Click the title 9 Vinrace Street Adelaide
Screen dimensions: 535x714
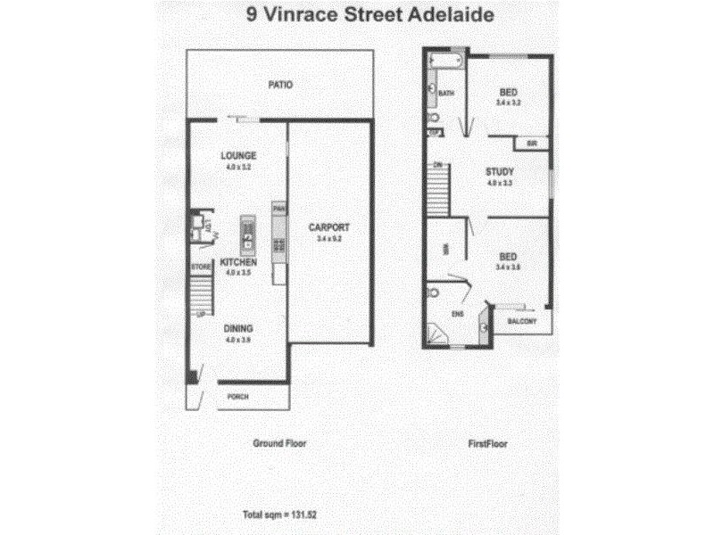coord(357,15)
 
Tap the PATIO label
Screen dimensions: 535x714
coord(281,86)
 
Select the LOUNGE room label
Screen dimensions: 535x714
coord(238,156)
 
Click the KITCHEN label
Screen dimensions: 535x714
coord(238,263)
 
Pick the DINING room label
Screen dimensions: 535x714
coord(238,328)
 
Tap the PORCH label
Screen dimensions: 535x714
coord(237,397)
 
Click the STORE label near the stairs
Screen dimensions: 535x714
coord(199,267)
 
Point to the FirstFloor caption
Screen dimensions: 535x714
coord(487,442)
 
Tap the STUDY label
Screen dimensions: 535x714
coord(497,171)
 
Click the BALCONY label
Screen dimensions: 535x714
coord(520,321)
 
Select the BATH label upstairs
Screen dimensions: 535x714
coord(447,93)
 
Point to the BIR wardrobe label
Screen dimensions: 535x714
coord(531,144)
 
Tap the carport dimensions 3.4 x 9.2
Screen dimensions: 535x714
coord(330,239)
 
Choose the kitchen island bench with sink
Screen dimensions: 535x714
coord(247,235)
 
